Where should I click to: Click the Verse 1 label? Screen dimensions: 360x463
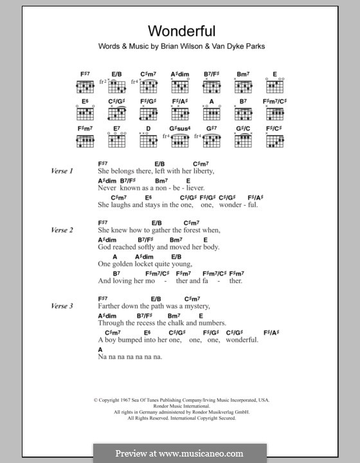click(x=63, y=171)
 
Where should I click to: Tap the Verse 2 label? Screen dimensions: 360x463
click(x=63, y=230)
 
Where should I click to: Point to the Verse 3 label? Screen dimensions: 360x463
click(x=63, y=306)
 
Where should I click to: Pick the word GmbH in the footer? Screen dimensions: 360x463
click(x=248, y=412)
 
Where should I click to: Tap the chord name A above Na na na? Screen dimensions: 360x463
click(x=100, y=348)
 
